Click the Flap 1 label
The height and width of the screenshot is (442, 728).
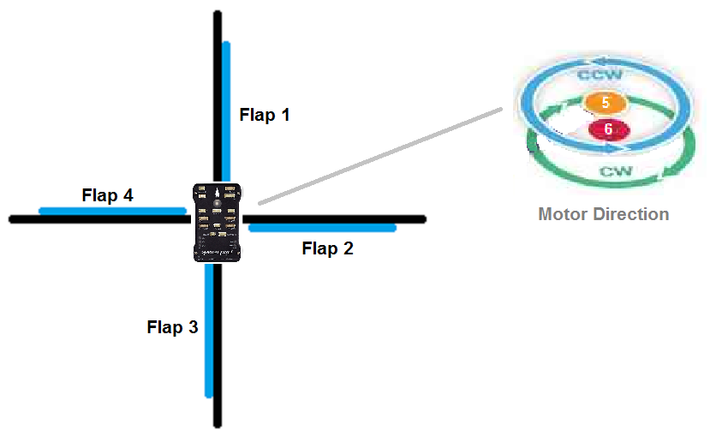(x=265, y=115)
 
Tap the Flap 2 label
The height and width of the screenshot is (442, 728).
(x=327, y=249)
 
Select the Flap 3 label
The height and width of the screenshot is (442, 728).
(x=172, y=327)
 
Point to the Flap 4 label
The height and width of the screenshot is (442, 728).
(x=107, y=195)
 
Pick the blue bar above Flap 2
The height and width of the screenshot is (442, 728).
(x=322, y=228)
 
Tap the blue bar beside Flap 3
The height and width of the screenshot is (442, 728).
(x=208, y=330)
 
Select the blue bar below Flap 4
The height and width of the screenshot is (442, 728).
(x=112, y=210)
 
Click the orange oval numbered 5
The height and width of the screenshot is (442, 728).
(x=606, y=102)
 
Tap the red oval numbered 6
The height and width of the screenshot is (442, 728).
(x=608, y=129)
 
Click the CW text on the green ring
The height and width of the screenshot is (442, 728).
(x=616, y=170)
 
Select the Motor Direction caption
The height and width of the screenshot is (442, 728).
(x=603, y=214)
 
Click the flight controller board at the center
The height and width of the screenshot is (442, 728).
(x=218, y=222)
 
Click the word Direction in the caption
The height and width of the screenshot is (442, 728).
(x=634, y=214)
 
